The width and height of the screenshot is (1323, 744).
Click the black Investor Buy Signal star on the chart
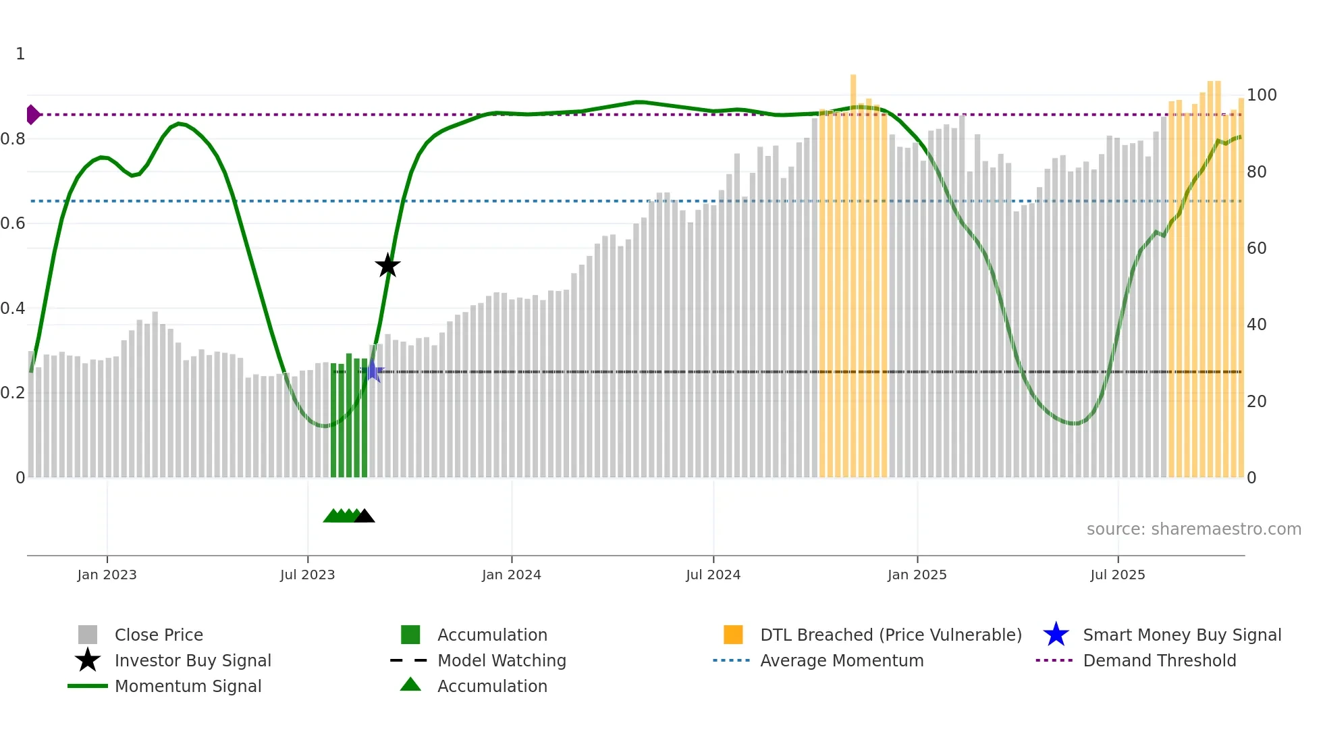[x=387, y=265]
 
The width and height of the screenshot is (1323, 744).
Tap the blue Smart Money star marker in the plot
[x=373, y=371]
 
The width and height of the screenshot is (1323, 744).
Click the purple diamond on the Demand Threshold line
[x=32, y=115]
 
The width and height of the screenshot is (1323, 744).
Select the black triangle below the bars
[x=364, y=516]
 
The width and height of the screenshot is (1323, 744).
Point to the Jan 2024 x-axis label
[x=511, y=575]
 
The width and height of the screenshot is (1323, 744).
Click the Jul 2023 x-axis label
[x=307, y=575]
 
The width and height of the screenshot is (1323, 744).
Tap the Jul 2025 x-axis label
[x=1118, y=575]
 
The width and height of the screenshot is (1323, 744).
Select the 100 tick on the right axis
[x=1261, y=95]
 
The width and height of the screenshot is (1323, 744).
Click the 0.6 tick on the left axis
[x=13, y=223]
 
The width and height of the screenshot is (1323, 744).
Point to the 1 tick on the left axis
[x=20, y=54]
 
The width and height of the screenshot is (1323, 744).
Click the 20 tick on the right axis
[x=1256, y=402]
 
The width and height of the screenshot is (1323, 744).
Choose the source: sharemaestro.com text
[x=1193, y=529]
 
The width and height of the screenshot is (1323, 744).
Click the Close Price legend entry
[x=158, y=635]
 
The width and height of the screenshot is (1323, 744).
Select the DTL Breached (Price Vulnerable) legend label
[x=890, y=635]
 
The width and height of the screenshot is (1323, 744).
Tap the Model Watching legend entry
[x=501, y=660]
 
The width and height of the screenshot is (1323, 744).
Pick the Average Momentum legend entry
[x=841, y=660]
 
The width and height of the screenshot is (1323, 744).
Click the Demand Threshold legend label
[x=1159, y=660]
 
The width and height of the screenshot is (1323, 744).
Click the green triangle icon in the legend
[x=410, y=685]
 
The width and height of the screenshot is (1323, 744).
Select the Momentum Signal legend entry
[x=188, y=686]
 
